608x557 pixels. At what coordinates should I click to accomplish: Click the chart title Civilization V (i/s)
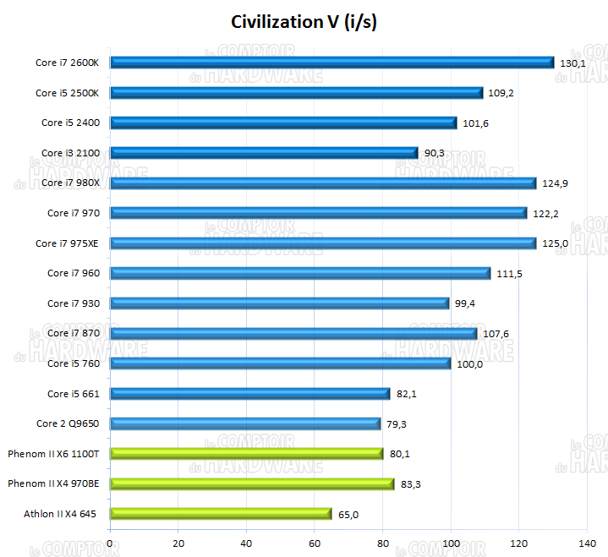pyautogui.click(x=304, y=22)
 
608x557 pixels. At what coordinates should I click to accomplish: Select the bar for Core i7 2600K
pyautogui.click(x=331, y=63)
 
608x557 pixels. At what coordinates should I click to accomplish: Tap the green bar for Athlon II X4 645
pyautogui.click(x=221, y=514)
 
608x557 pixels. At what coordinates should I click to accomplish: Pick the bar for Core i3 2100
pyautogui.click(x=264, y=153)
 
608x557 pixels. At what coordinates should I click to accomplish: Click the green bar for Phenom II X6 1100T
pyautogui.click(x=246, y=454)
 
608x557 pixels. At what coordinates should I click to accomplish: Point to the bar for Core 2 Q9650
pyautogui.click(x=245, y=423)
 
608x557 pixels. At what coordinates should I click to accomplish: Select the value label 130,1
pyautogui.click(x=572, y=63)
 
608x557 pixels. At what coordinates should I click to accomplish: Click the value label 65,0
pyautogui.click(x=348, y=514)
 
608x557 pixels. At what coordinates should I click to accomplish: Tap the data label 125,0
pyautogui.click(x=555, y=243)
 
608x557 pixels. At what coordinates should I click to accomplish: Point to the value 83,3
pyautogui.click(x=411, y=484)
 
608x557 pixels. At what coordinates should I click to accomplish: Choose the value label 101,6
pyautogui.click(x=475, y=123)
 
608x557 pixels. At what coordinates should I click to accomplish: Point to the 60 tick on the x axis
pyautogui.click(x=315, y=543)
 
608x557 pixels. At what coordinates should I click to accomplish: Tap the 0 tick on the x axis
pyautogui.click(x=111, y=543)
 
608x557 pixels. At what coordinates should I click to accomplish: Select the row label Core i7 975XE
pyautogui.click(x=68, y=243)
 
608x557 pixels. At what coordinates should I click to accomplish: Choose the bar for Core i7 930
pyautogui.click(x=279, y=303)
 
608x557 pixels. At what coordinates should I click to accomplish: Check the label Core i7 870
pyautogui.click(x=74, y=334)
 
